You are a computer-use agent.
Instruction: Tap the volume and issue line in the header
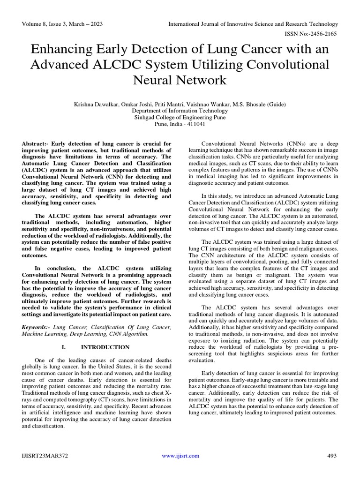pos(62,24)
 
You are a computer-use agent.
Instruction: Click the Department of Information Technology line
pos(180,111)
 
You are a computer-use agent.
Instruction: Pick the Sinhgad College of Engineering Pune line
pos(180,118)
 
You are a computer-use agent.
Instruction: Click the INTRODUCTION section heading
pos(105,347)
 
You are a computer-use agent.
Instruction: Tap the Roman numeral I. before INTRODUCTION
pos(64,347)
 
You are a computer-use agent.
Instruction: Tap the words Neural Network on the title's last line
pos(180,80)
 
